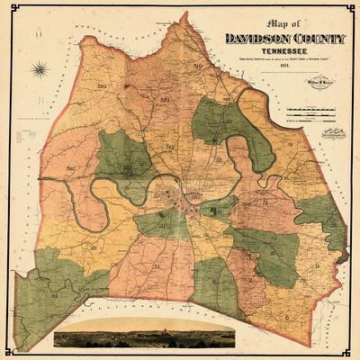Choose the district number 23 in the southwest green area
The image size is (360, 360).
point(55,269)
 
